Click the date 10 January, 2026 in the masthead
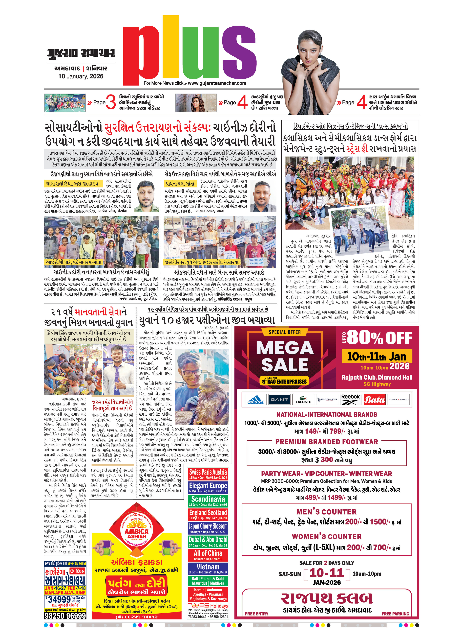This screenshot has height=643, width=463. (x=81, y=76)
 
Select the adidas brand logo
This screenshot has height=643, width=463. (x=255, y=400)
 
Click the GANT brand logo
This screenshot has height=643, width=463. (x=279, y=400)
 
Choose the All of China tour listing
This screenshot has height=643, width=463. (x=208, y=555)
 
